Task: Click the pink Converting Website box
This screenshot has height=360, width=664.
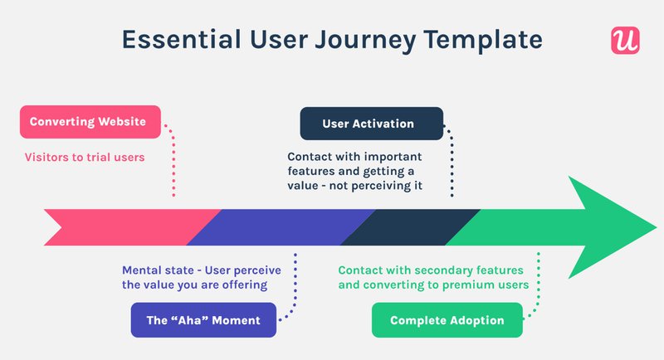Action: tap(88, 122)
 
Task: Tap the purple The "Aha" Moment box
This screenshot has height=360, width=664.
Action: tap(203, 320)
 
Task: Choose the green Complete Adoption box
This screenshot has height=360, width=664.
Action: tap(447, 320)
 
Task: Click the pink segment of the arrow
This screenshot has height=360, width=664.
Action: tap(124, 226)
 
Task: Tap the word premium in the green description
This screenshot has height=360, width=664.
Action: tap(474, 285)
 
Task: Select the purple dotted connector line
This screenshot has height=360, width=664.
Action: tap(295, 286)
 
